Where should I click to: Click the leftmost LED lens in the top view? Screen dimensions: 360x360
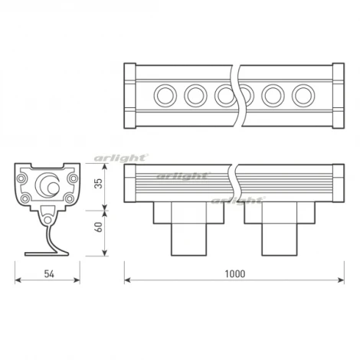pyautogui.click(x=165, y=96)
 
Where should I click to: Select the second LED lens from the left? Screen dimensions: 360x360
pyautogui.click(x=195, y=96)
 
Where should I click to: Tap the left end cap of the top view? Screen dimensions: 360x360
pyautogui.click(x=130, y=96)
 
